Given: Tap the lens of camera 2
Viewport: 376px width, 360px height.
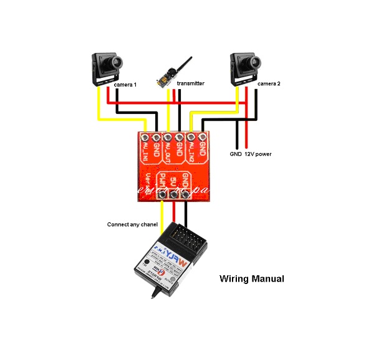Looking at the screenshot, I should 254,61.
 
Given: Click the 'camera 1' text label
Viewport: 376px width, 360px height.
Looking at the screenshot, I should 125,83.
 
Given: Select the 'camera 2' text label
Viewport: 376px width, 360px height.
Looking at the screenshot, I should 269,83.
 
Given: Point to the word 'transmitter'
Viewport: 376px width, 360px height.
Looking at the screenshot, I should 190,83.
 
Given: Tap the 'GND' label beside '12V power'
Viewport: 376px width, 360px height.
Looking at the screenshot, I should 236,153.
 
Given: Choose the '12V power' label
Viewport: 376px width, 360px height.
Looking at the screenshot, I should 258,153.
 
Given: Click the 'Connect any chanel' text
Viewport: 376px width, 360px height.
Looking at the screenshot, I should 132,224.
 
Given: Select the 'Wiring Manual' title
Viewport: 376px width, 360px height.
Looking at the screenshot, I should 252,278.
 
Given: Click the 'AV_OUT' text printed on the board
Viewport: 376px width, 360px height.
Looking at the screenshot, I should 168,152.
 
